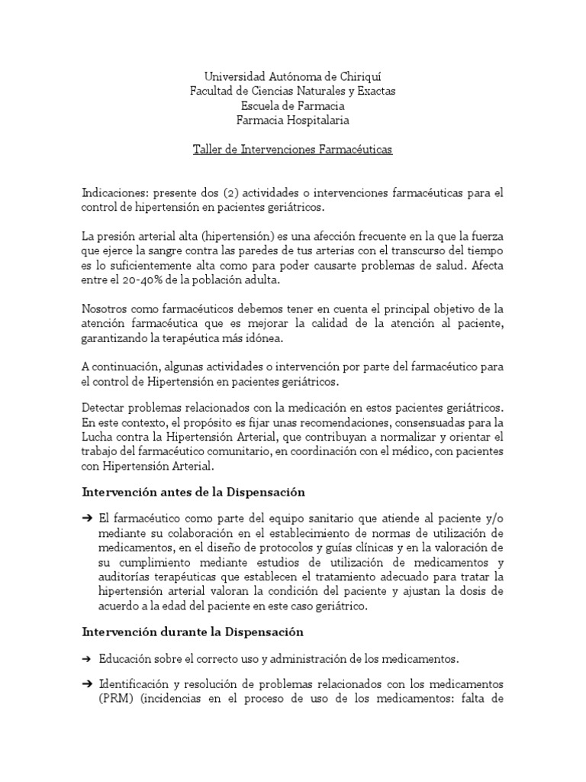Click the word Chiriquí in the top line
(357, 76)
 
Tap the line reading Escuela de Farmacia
(293, 105)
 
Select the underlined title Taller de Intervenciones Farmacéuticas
(293, 150)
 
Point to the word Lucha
(98, 439)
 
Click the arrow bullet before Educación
(89, 658)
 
